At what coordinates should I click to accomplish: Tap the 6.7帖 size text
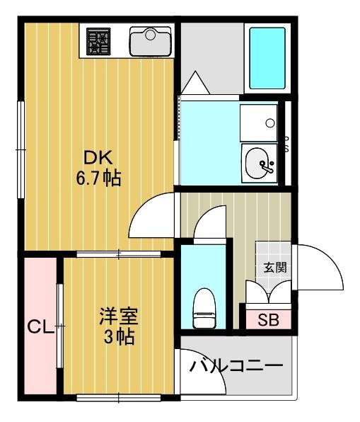pyautogui.click(x=99, y=178)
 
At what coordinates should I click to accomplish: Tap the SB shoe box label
pyautogui.click(x=267, y=320)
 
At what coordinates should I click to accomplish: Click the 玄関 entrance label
pyautogui.click(x=275, y=268)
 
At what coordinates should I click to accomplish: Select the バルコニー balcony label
pyautogui.click(x=236, y=367)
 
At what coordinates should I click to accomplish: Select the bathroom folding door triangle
pyautogui.click(x=193, y=83)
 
